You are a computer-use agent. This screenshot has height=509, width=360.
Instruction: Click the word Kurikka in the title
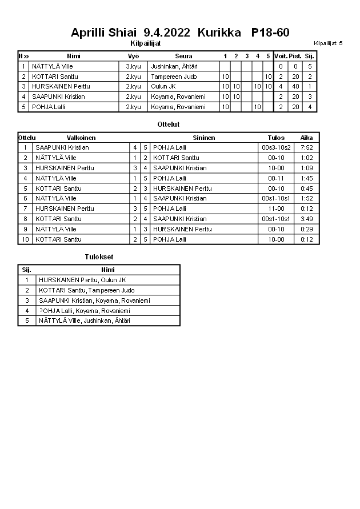(219, 33)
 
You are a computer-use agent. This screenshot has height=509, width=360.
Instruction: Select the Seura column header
(183, 56)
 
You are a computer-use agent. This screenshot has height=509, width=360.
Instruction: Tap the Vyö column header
(133, 56)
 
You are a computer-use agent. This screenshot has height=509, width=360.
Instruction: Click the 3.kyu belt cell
(133, 66)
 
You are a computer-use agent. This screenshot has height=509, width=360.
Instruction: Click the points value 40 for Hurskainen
(295, 87)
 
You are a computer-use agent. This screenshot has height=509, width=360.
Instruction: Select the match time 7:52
(307, 147)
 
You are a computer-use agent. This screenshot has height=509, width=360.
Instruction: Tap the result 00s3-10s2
(276, 147)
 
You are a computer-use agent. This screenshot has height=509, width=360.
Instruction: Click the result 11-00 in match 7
(276, 209)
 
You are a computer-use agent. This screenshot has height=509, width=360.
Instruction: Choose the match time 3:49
(307, 219)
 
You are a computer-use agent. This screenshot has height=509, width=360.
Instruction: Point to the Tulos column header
(276, 138)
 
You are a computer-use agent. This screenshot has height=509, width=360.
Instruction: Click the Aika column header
(307, 138)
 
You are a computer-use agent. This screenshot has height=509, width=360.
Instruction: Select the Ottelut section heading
(168, 124)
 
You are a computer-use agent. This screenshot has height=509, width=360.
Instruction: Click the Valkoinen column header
(81, 138)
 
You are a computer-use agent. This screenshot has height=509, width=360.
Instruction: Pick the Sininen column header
(204, 138)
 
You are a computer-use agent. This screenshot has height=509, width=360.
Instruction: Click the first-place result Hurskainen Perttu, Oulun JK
(82, 280)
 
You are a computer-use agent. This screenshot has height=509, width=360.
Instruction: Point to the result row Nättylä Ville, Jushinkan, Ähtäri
(84, 320)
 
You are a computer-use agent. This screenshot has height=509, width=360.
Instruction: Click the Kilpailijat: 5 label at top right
(328, 43)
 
